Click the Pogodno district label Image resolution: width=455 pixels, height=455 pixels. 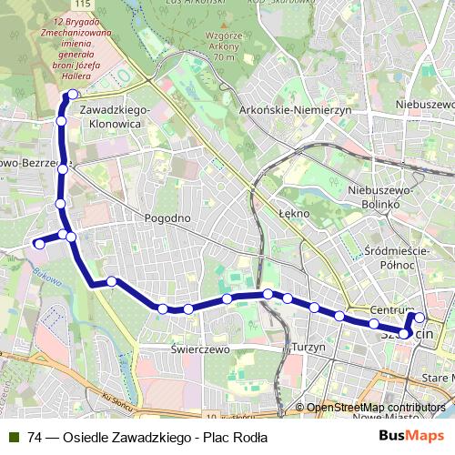[167, 218]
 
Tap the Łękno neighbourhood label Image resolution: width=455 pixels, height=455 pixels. [295, 213]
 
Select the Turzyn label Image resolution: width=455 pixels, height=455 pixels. [308, 348]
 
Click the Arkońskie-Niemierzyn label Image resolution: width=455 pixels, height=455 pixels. [296, 109]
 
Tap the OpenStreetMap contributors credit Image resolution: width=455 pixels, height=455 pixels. [376, 408]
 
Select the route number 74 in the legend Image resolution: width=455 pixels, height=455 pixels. [35, 438]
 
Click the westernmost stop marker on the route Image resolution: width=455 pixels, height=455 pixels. [39, 243]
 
